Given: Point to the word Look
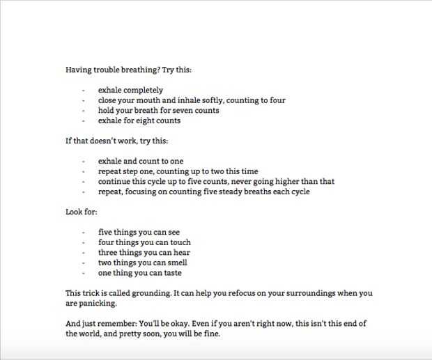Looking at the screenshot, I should point(74,212).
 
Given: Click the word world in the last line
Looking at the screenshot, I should point(93,334).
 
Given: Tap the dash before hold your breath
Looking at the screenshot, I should point(83,110).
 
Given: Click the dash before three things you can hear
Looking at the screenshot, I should point(83,253).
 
